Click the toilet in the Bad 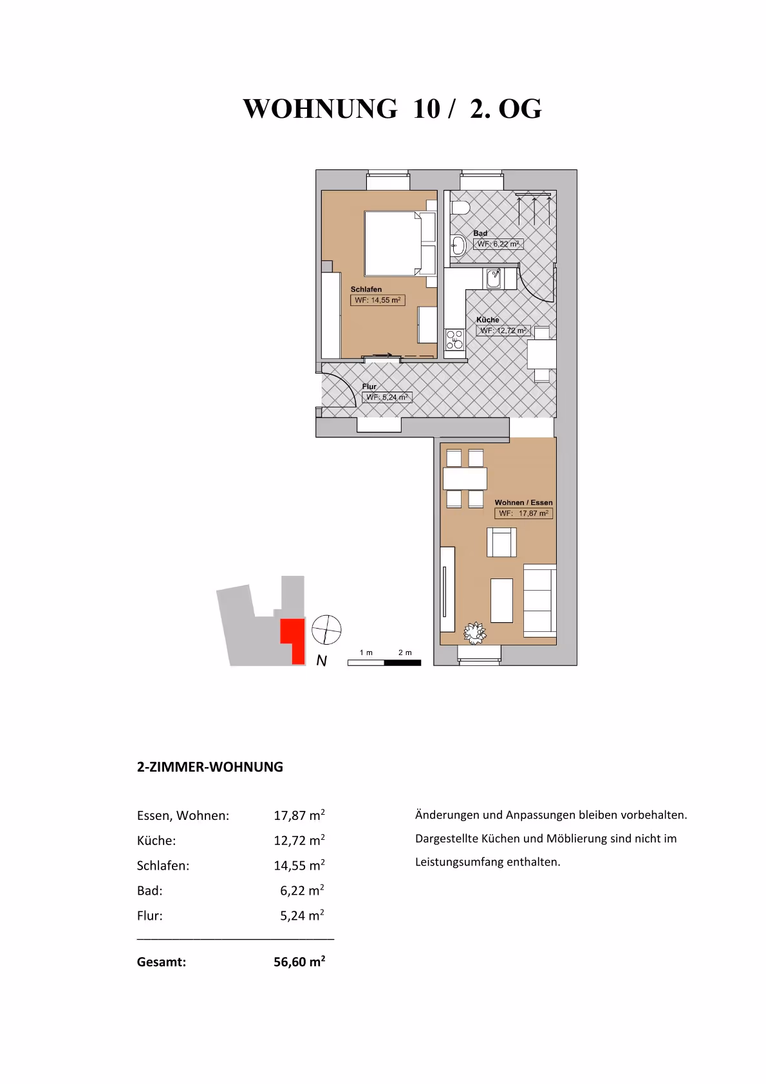pyautogui.click(x=460, y=207)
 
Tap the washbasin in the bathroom pyautogui.click(x=458, y=245)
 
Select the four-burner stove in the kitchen pyautogui.click(x=454, y=339)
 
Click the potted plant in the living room pyautogui.click(x=475, y=632)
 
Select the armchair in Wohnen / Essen pyautogui.click(x=501, y=542)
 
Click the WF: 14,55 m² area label pyautogui.click(x=377, y=300)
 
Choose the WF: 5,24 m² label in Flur pyautogui.click(x=387, y=397)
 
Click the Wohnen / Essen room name pyautogui.click(x=523, y=502)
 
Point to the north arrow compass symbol pyautogui.click(x=326, y=629)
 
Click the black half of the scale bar pyautogui.click(x=402, y=662)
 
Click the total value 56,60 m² pyautogui.click(x=299, y=962)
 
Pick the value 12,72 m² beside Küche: pyautogui.click(x=299, y=841)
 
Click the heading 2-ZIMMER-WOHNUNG pyautogui.click(x=210, y=767)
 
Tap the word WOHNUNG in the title pyautogui.click(x=320, y=109)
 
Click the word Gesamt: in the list pyautogui.click(x=162, y=962)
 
